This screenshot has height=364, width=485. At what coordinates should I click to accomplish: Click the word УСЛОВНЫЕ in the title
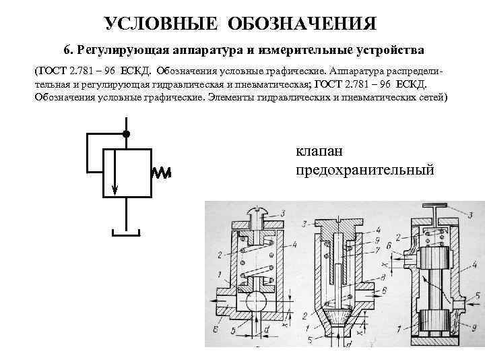click(x=160, y=25)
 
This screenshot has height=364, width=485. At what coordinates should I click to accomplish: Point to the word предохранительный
click(x=364, y=171)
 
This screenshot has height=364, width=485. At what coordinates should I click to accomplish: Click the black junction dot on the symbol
click(x=126, y=133)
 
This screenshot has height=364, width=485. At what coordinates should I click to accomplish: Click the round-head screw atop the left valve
click(x=258, y=215)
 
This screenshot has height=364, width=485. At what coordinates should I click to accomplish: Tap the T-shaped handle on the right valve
click(x=434, y=204)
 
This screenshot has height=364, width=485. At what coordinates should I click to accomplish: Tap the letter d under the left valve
click(x=268, y=328)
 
